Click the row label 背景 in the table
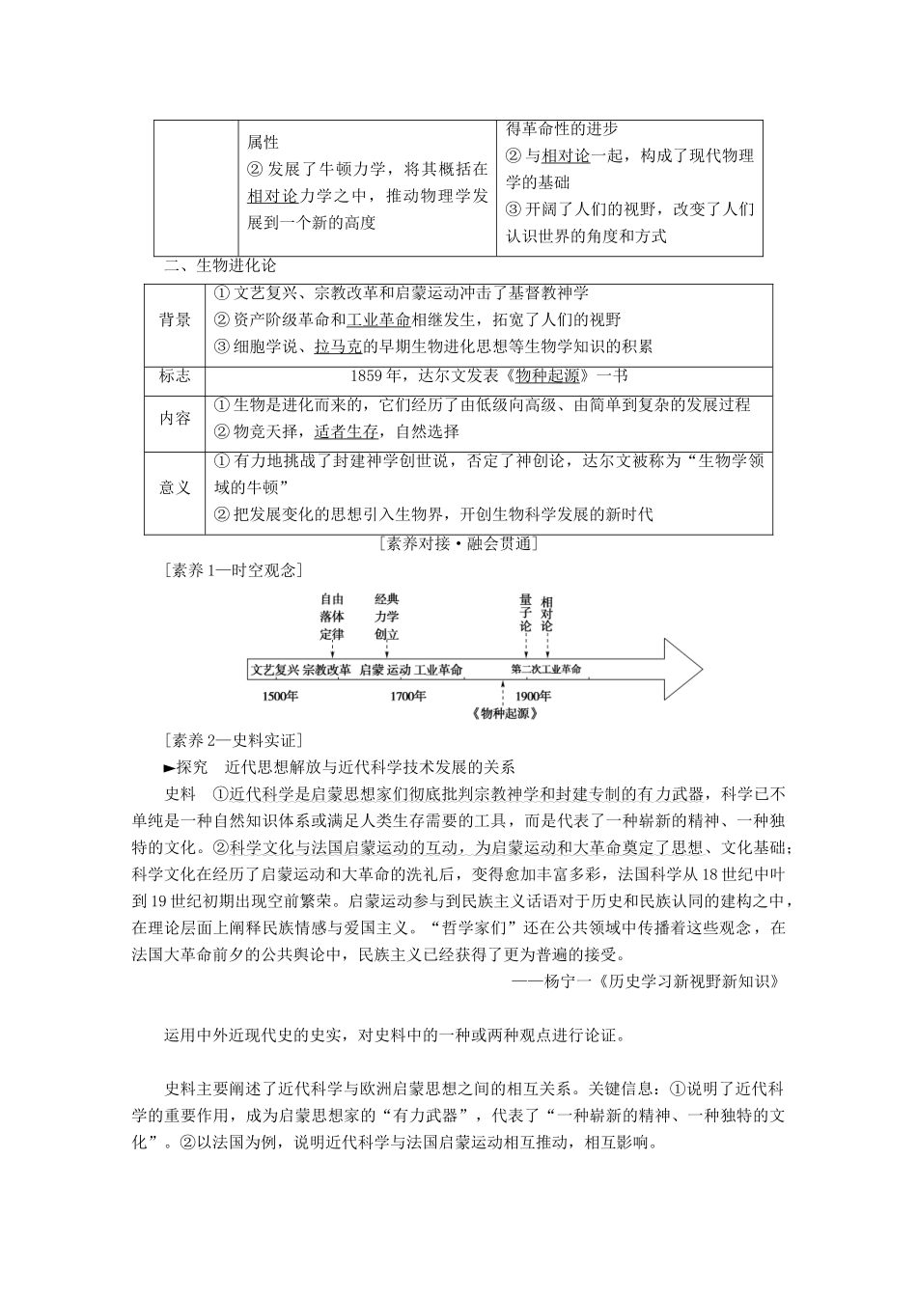(x=175, y=320)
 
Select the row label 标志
(x=175, y=376)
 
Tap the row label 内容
(x=175, y=418)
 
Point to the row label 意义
(x=175, y=487)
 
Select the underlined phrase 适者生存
(x=347, y=431)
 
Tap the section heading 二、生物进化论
(x=220, y=266)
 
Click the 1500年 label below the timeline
(x=279, y=696)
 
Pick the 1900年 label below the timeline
(x=533, y=696)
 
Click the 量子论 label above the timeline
(x=525, y=613)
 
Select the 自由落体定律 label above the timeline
(x=331, y=617)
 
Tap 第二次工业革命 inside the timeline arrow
(x=546, y=669)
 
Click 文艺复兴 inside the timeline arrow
(x=275, y=669)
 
